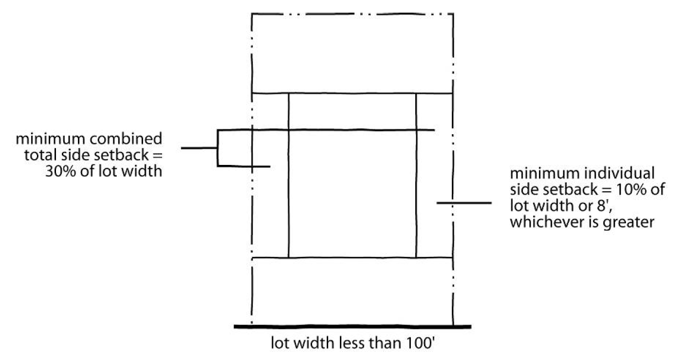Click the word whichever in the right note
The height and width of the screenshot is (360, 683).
[x=539, y=223]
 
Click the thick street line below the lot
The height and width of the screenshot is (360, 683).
[x=352, y=326]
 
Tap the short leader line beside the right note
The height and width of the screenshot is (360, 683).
[x=464, y=202]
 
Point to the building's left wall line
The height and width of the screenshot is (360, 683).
[x=289, y=175]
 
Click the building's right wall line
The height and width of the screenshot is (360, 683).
[x=416, y=175]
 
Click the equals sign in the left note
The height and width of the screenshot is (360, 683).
[x=157, y=156]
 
